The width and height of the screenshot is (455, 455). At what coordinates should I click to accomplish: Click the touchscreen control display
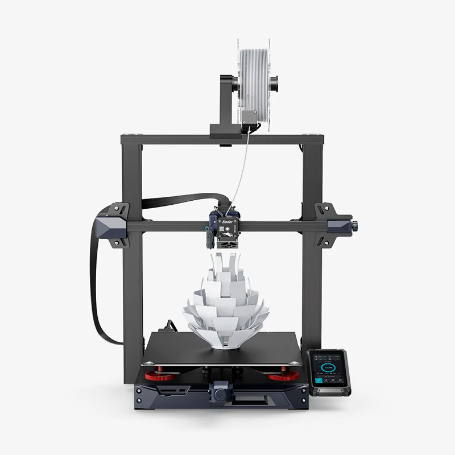tap(328, 370)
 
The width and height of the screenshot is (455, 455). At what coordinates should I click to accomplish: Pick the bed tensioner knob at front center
tap(219, 392)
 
